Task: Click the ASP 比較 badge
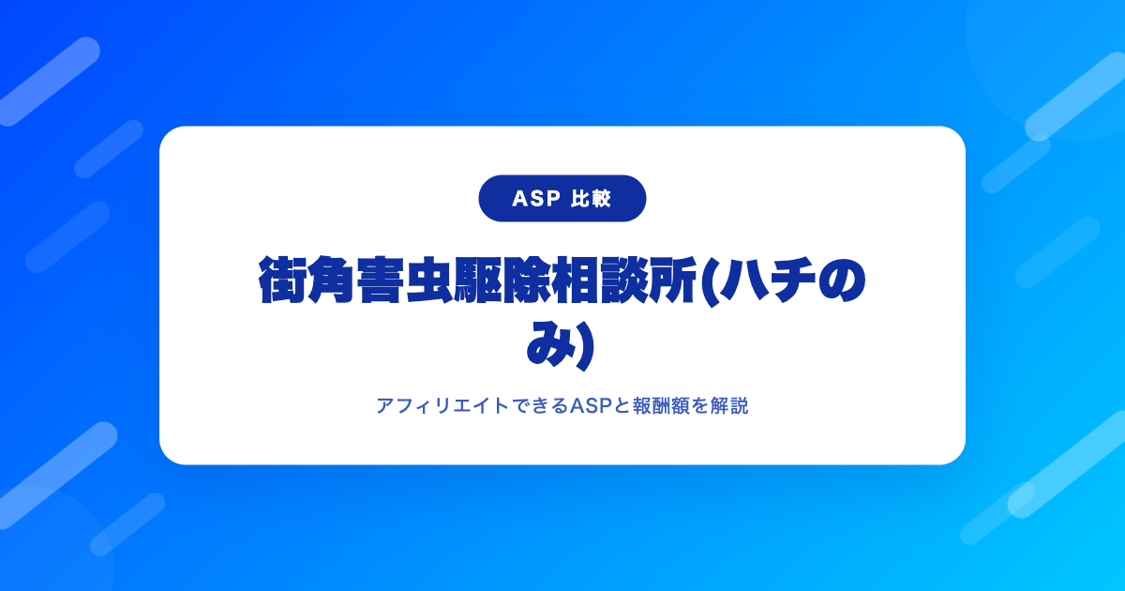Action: pos(562,199)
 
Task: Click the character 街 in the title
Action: pos(283,280)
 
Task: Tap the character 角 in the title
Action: pos(332,280)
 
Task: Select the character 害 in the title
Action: pos(381,280)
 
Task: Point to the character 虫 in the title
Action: pos(429,280)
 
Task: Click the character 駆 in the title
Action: pos(478,280)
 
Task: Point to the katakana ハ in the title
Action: pos(741,280)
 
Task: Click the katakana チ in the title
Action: pos(791,280)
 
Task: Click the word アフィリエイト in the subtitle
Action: pos(442,405)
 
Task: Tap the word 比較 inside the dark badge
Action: pos(592,199)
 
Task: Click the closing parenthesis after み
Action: pos(586,346)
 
